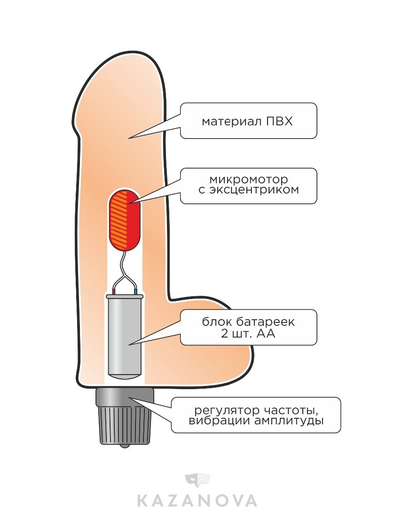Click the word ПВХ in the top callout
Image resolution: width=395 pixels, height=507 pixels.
(x=279, y=122)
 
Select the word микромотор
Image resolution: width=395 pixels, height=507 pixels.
(x=248, y=180)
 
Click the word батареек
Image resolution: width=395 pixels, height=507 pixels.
(x=272, y=323)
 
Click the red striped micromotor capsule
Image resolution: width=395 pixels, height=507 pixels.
(x=125, y=221)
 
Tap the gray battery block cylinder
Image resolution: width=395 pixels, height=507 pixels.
(x=125, y=336)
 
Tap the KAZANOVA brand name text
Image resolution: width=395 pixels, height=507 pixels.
(x=197, y=499)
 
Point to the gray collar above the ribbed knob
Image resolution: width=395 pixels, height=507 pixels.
(x=125, y=397)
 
